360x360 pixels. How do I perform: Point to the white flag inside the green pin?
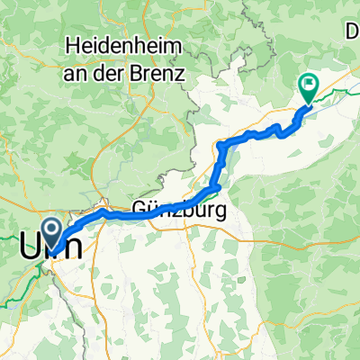click(x=309, y=85)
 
